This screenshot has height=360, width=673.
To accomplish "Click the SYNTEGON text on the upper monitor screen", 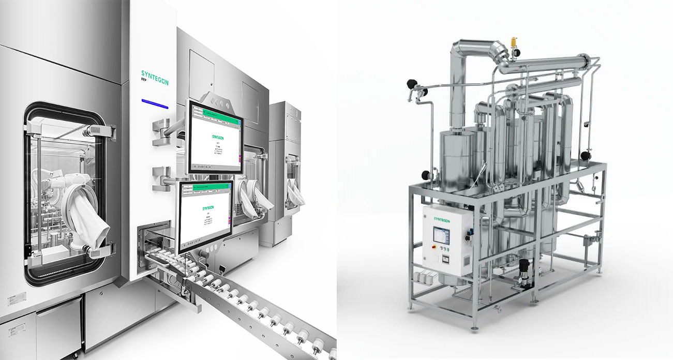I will click(216, 137).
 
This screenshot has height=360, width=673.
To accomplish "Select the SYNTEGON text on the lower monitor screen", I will click(206, 208).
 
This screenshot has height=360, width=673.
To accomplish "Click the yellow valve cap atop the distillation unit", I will click(514, 41).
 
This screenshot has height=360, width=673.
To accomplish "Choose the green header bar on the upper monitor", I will click(216, 111).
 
